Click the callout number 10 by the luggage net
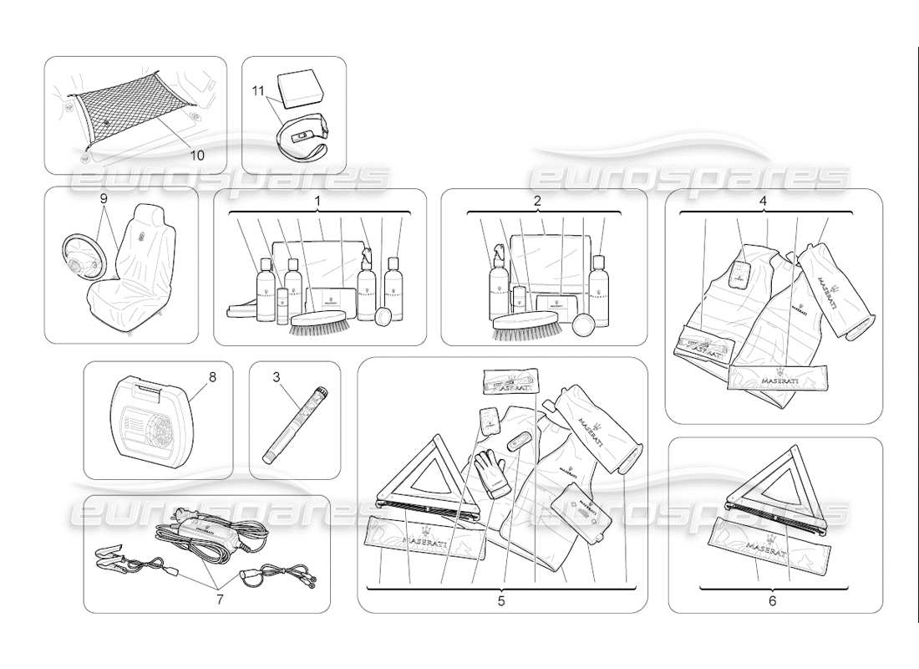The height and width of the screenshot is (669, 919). [196, 154]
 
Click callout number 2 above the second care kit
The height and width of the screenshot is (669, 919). [538, 201]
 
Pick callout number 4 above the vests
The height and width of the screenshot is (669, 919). [764, 201]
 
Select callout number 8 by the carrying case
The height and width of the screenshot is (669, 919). [212, 377]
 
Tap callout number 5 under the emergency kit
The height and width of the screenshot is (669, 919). [501, 600]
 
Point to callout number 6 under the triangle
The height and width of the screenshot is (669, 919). [772, 600]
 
